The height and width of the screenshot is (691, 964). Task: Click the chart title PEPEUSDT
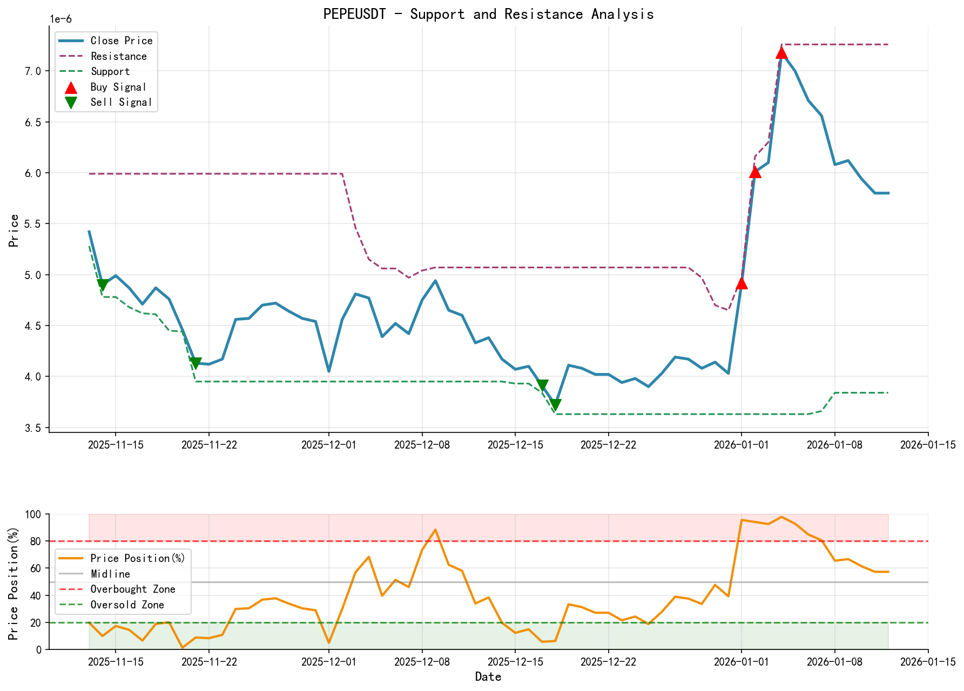tap(488, 14)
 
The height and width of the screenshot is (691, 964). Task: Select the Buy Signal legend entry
tap(118, 87)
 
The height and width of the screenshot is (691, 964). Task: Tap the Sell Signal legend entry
tap(121, 103)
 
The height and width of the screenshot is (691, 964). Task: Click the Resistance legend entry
tap(118, 56)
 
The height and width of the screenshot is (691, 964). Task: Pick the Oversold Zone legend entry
tap(127, 605)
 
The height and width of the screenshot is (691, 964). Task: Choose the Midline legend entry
tap(110, 574)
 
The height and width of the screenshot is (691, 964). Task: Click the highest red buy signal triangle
tap(781, 52)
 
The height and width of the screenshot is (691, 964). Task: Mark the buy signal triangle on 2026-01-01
tap(741, 283)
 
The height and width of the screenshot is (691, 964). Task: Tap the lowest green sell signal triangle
tap(555, 405)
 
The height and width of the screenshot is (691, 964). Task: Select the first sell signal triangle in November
tap(103, 285)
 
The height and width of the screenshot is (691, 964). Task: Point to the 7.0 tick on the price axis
tap(35, 71)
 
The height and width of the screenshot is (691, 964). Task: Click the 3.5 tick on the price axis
tap(35, 428)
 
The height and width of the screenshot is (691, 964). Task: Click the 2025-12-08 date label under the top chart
tap(422, 445)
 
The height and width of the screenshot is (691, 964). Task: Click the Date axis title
tap(488, 677)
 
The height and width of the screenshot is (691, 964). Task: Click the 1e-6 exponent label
tap(60, 19)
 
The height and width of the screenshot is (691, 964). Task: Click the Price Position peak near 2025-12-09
tap(435, 530)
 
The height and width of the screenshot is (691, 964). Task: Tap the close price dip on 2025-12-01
tap(329, 371)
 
